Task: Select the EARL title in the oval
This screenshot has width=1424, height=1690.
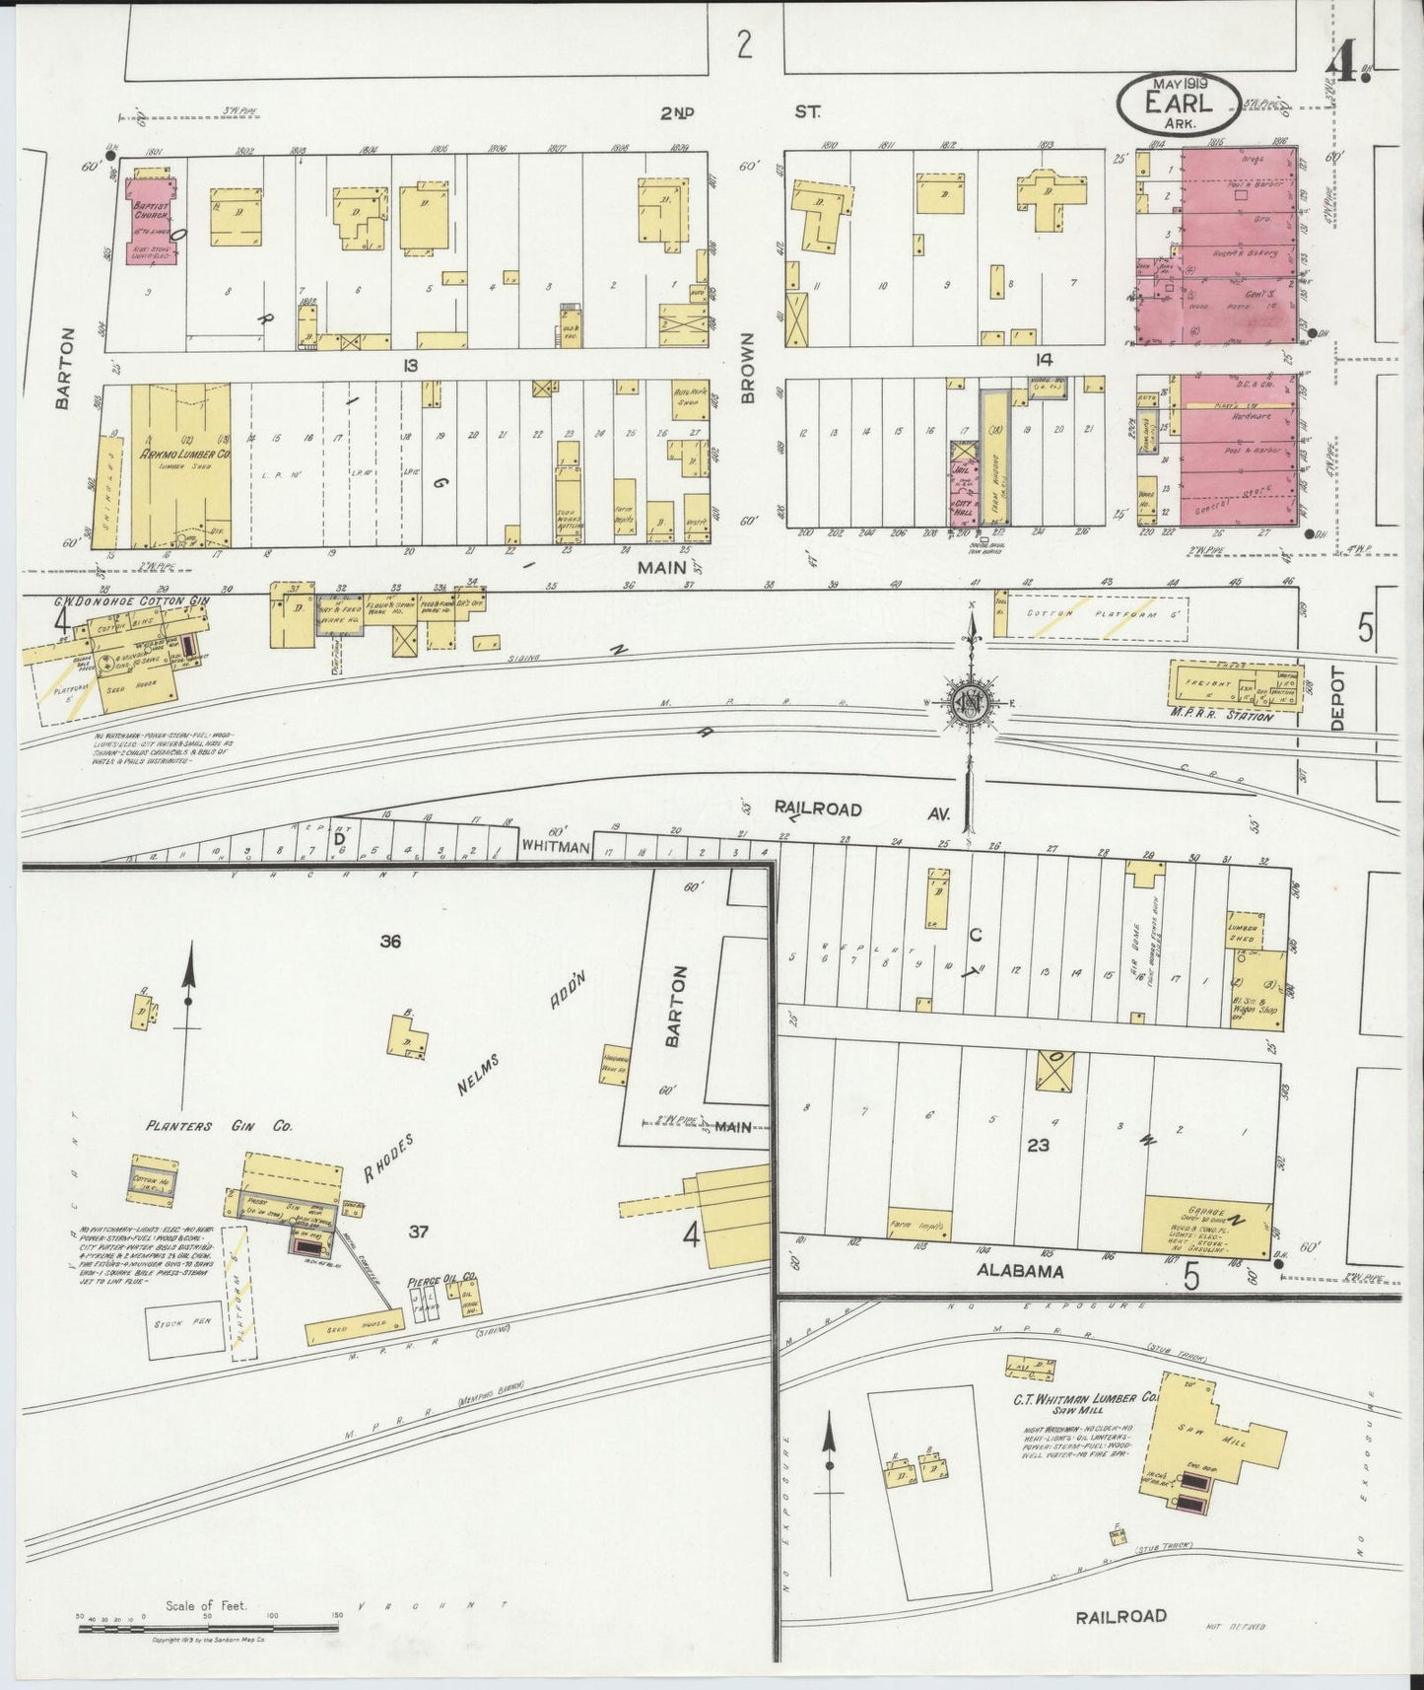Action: [x=1179, y=103]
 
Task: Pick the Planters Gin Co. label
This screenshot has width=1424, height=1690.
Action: [x=218, y=1125]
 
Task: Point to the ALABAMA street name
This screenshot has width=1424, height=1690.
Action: [x=1020, y=1271]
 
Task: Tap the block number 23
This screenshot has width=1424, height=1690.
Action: [x=1038, y=1145]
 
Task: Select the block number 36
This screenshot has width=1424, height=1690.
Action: [x=390, y=942]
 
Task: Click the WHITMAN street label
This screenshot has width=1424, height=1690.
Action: [x=555, y=846]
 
